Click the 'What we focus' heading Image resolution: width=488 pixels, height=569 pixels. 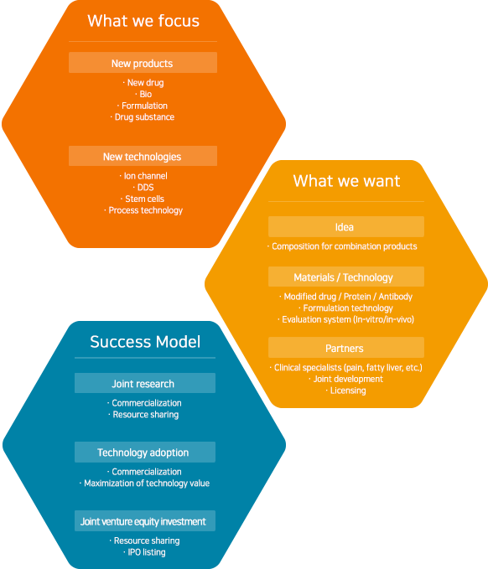pyautogui.click(x=143, y=21)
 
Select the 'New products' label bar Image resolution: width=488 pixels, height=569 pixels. pyautogui.click(x=143, y=62)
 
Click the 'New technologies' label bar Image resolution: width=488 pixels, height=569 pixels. pyautogui.click(x=143, y=156)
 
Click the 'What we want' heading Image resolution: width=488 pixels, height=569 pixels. pyautogui.click(x=347, y=181)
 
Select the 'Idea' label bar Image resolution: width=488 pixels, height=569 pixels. pyautogui.click(x=346, y=226)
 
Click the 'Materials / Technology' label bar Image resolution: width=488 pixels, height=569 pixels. pyautogui.click(x=346, y=277)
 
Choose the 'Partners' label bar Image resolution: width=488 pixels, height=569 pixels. pyautogui.click(x=346, y=347)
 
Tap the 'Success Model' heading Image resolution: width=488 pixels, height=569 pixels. pyautogui.click(x=145, y=342)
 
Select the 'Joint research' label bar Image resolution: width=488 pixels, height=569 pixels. pyautogui.click(x=145, y=383)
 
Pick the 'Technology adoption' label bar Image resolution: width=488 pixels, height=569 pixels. pyautogui.click(x=145, y=452)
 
